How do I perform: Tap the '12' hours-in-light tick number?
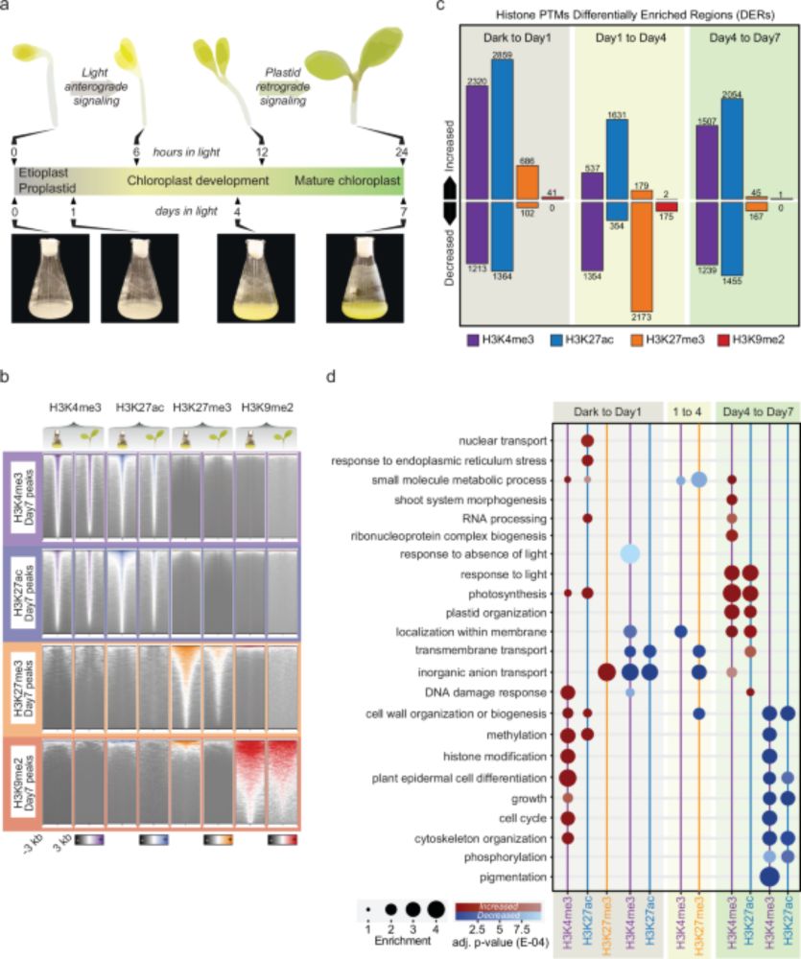262,151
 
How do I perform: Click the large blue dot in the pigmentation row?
769,877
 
